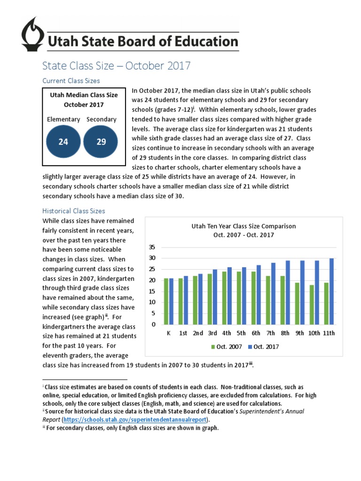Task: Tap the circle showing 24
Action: click(x=63, y=141)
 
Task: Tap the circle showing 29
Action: click(x=101, y=141)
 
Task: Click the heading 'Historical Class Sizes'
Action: click(x=74, y=211)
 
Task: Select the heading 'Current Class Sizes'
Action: click(x=71, y=81)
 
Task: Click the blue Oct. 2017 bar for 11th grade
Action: click(x=332, y=291)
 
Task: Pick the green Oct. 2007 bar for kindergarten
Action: click(x=166, y=301)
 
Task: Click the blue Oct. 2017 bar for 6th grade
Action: click(x=259, y=295)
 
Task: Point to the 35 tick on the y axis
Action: click(x=152, y=247)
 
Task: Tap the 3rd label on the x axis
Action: click(x=212, y=334)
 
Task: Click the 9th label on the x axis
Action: click(x=300, y=334)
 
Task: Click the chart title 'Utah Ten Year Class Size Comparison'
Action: click(x=243, y=226)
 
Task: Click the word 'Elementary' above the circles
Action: click(x=63, y=119)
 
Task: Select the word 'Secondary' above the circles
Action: click(x=102, y=119)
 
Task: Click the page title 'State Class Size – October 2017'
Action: click(x=117, y=65)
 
